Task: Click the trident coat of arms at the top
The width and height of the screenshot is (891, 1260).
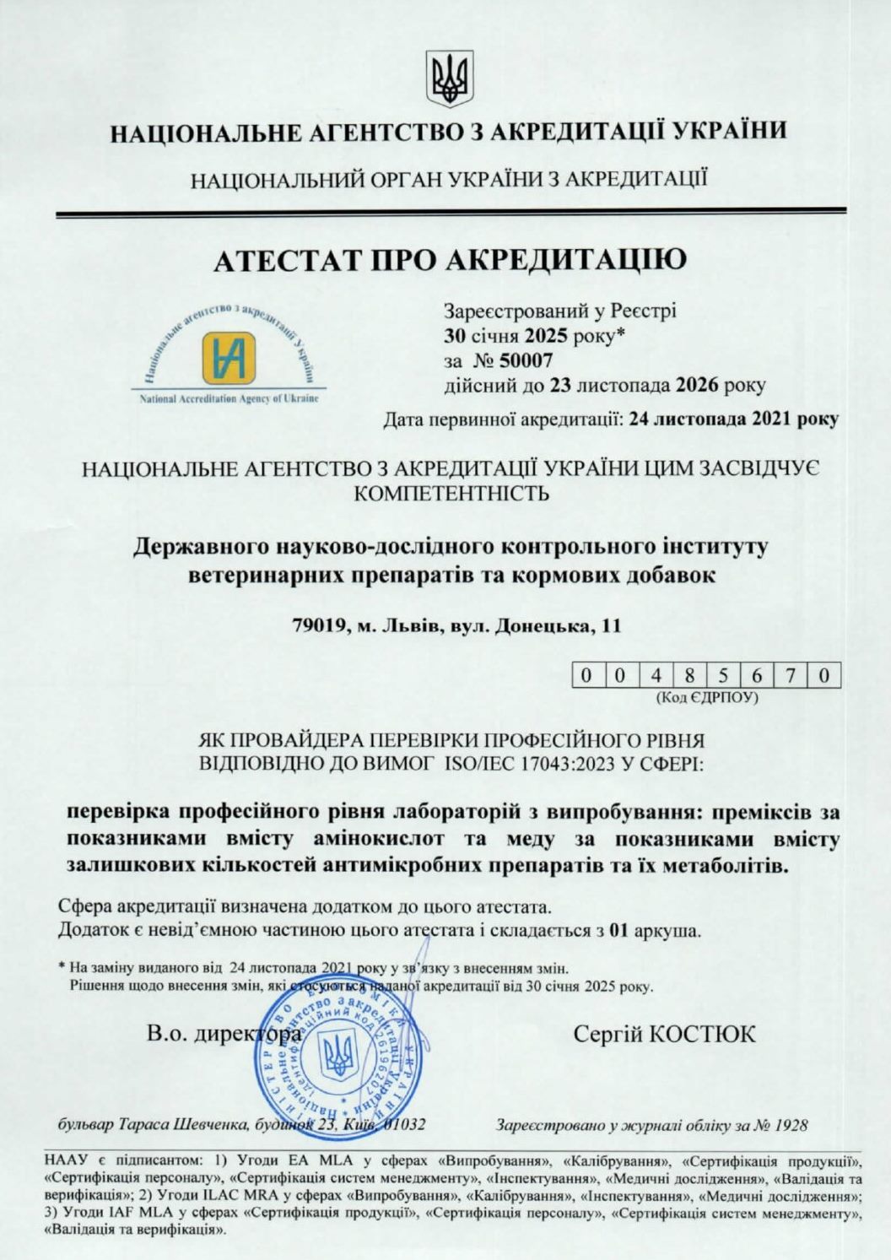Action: pos(449,77)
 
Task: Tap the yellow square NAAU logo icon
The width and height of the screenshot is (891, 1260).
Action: pos(229,358)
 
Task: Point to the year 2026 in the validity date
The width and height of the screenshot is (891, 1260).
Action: pos(697,386)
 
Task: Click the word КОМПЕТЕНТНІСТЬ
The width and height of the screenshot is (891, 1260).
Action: pos(451,494)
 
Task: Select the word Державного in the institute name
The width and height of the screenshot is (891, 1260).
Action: pos(202,547)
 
